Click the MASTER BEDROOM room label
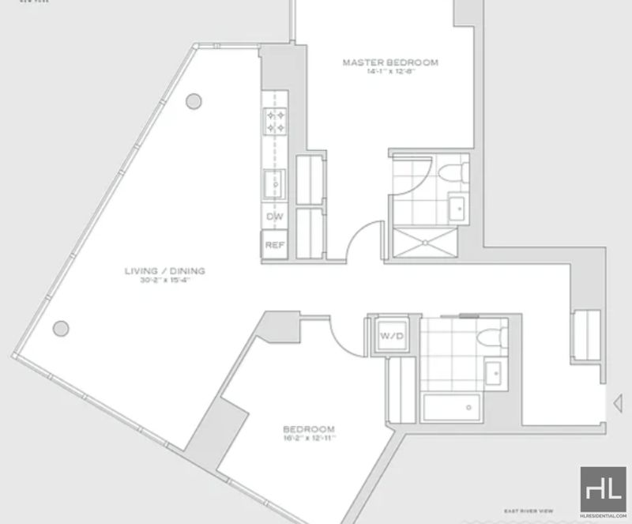coord(389,62)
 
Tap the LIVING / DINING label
coord(164,271)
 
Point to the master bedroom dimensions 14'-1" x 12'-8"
coord(389,72)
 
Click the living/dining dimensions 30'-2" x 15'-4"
coord(164,280)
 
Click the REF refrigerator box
coord(275,245)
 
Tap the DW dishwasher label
coord(275,217)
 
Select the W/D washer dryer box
coord(393,336)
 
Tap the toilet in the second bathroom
coord(491,336)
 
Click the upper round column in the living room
coord(193,101)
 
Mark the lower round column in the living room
coord(60,328)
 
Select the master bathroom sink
coord(458,208)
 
